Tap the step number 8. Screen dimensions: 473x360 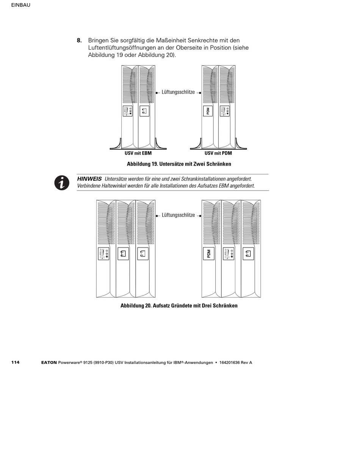click(79, 41)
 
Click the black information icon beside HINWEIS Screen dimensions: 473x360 click(62, 183)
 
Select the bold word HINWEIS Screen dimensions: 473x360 click(89, 179)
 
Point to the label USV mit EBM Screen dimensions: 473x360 click(138, 153)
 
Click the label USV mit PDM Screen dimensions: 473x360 click(218, 153)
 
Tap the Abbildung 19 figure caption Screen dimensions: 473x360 click(179, 164)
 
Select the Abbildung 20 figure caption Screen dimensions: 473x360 click(179, 306)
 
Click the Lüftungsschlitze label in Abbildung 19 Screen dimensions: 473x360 click(178, 92)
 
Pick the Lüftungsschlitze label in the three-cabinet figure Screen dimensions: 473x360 click(178, 215)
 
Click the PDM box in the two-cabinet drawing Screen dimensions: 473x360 click(208, 111)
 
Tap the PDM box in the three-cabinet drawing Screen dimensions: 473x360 click(208, 254)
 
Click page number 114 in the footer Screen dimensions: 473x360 click(15, 362)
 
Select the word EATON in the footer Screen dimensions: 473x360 click(49, 363)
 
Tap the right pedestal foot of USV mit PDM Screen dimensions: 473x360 click(240, 145)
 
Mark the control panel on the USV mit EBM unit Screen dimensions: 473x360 click(128, 111)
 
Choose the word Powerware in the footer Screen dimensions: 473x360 click(70, 363)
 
